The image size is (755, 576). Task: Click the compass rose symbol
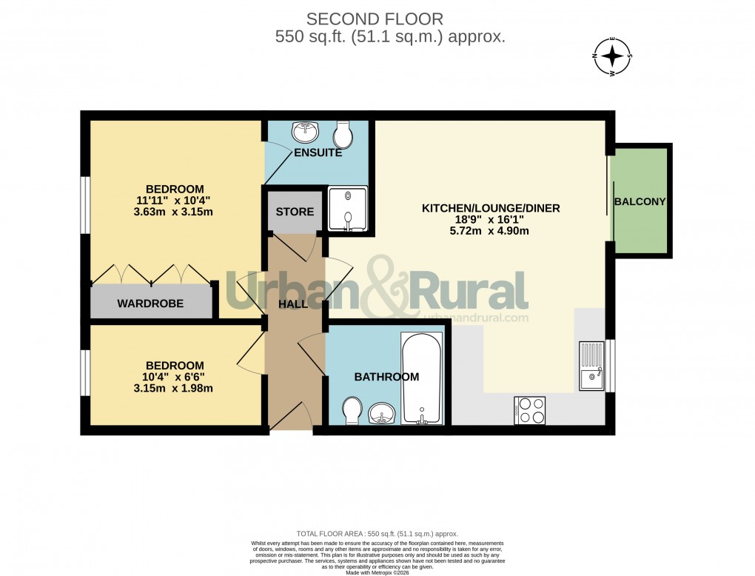(x=612, y=57)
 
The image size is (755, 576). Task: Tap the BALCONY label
(x=640, y=201)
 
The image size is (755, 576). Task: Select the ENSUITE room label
(x=318, y=153)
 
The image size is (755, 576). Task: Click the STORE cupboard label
(x=295, y=212)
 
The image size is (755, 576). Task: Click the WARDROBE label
(x=150, y=304)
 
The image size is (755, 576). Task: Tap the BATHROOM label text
(x=386, y=377)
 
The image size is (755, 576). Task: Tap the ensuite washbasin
(x=305, y=133)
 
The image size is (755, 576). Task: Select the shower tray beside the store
(x=347, y=208)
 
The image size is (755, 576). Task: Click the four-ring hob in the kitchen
(x=529, y=410)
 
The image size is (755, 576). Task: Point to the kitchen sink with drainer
(x=591, y=366)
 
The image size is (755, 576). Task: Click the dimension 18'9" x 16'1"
(x=491, y=220)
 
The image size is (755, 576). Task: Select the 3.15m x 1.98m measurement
(x=174, y=389)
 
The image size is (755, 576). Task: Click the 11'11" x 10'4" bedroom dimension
(x=174, y=201)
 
